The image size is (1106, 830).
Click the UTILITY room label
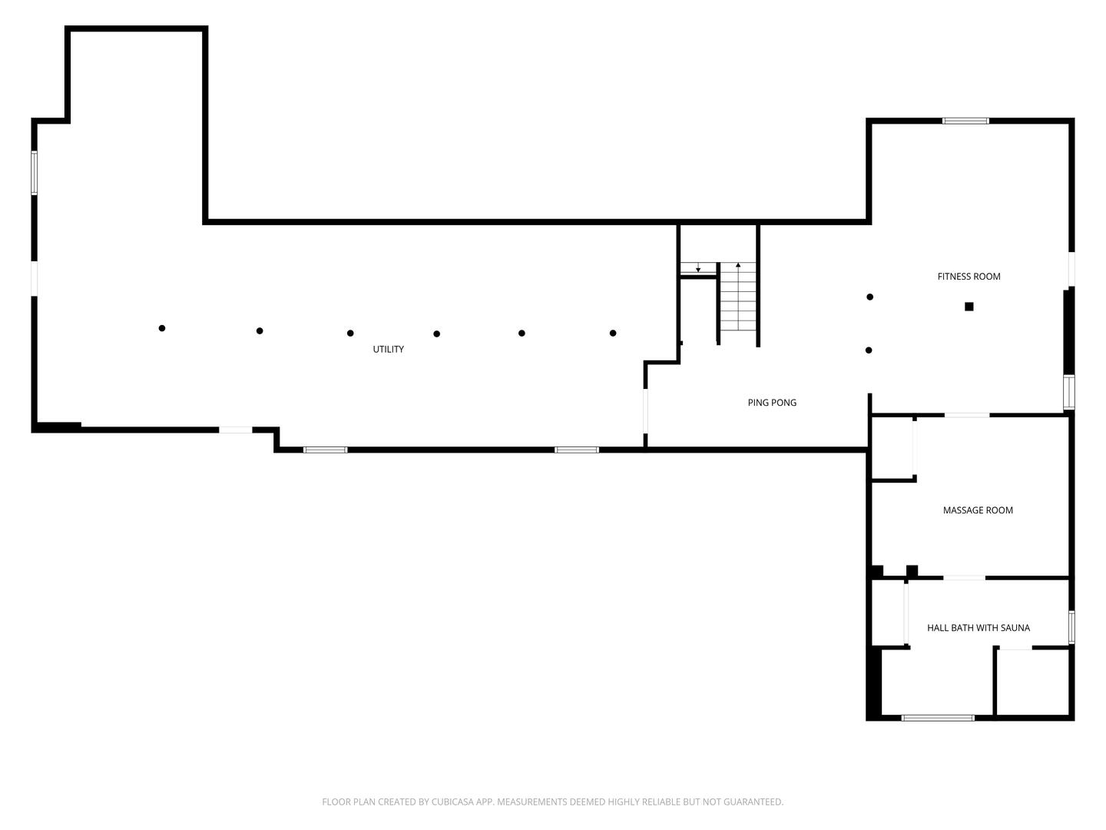[388, 350]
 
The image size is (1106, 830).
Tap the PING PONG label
[772, 403]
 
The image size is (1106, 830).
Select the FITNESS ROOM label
[969, 277]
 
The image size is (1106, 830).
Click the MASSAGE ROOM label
[978, 510]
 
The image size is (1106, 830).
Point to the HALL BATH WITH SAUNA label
[978, 628]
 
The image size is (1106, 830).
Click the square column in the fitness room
[969, 307]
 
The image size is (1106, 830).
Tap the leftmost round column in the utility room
[162, 328]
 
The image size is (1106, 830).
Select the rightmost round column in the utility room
[613, 333]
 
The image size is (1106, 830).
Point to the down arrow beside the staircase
[697, 268]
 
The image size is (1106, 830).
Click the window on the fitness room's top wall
[965, 121]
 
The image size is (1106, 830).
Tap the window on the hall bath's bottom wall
[938, 718]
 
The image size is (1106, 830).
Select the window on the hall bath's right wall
[1071, 626]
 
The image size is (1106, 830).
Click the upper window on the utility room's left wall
[34, 172]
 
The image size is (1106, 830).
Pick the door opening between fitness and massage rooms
[967, 415]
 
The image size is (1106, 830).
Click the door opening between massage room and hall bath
[964, 577]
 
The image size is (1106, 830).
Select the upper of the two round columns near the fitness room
[869, 297]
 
